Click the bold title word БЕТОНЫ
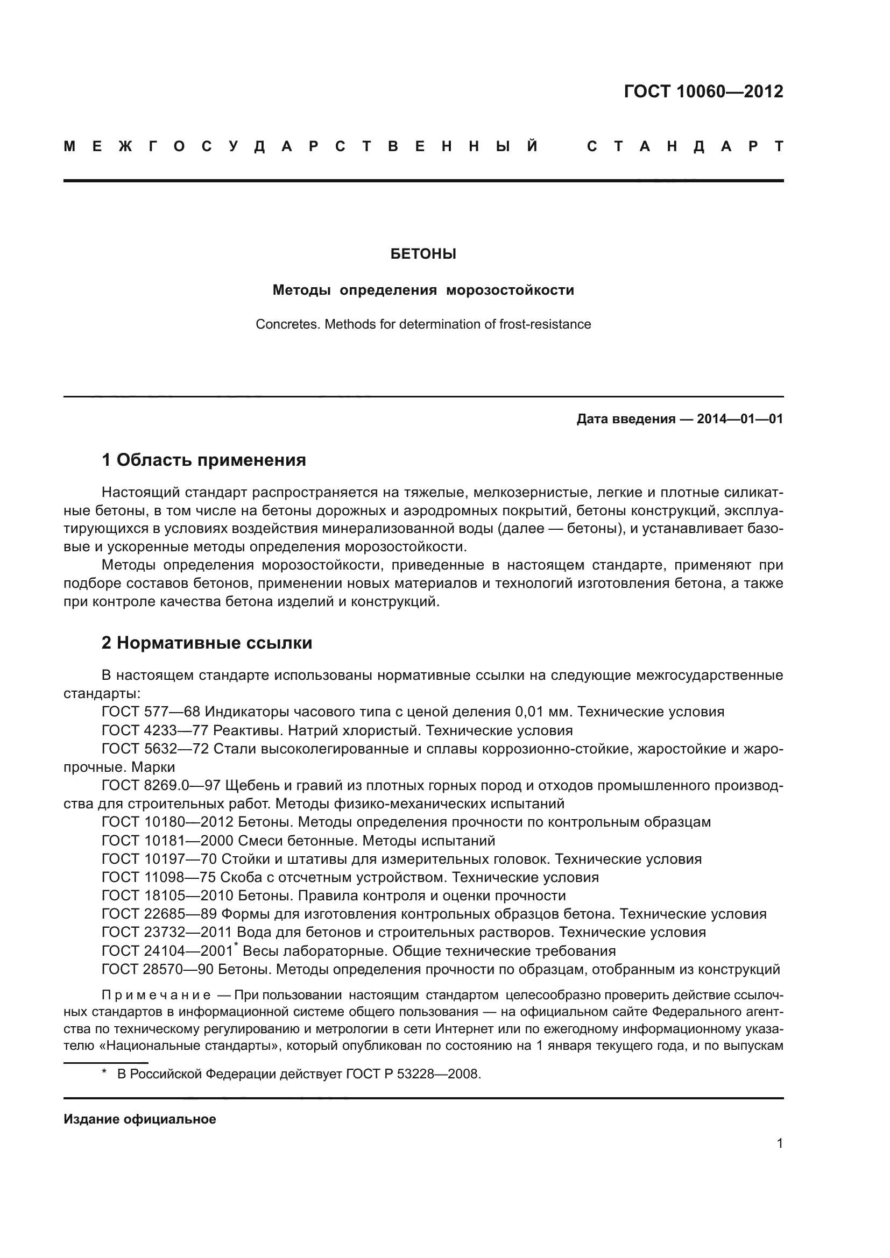423,254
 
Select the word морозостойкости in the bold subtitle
510,290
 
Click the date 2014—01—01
740,420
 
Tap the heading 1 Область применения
204,460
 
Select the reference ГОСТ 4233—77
155,731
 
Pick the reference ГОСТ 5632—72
155,749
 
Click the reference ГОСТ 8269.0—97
160,786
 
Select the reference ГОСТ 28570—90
158,969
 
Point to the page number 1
779,1143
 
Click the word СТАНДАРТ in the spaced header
685,147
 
